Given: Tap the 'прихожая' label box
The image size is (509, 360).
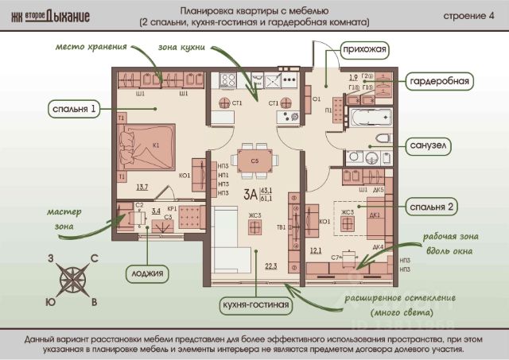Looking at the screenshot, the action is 365,50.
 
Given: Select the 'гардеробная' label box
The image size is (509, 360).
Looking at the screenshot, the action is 440,81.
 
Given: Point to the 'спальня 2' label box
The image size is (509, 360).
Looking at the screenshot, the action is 436,207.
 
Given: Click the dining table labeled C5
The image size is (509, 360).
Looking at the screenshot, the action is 254,161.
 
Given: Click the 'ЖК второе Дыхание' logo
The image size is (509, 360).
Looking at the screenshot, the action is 55,16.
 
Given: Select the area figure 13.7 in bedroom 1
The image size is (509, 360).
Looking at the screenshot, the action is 142,188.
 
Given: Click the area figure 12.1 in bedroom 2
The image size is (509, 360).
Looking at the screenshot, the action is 315,250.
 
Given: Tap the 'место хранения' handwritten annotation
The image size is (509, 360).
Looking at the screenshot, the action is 87,47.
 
